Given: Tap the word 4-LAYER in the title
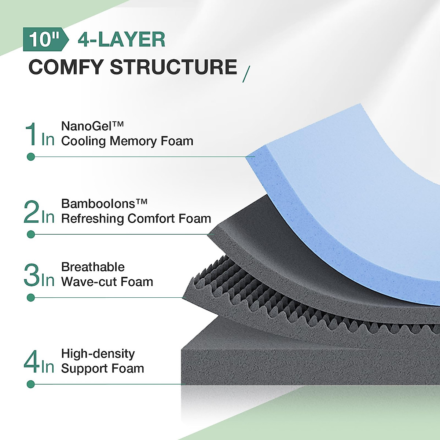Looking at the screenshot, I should point(121,40).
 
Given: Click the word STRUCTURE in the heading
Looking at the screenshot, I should point(173,67).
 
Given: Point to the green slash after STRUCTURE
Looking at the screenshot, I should point(246,74).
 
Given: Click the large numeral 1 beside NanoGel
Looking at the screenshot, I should point(31,135).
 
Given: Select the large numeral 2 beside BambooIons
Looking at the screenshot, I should point(31,212).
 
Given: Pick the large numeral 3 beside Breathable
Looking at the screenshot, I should point(31,275).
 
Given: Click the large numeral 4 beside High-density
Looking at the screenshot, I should point(31,362).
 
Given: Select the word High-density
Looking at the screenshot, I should point(98,353).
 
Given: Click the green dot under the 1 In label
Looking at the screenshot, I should point(31,157).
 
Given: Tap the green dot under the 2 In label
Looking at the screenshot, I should point(31,234).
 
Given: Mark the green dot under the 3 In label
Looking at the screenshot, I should point(31,298).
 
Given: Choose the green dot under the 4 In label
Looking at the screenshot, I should point(31,384).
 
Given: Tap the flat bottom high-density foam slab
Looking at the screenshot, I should point(293,363).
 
